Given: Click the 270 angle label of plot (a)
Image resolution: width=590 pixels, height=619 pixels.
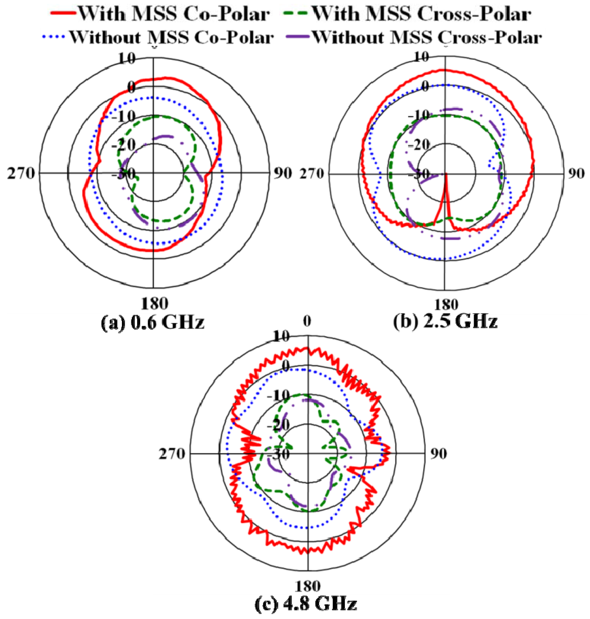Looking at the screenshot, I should pyautogui.click(x=21, y=173).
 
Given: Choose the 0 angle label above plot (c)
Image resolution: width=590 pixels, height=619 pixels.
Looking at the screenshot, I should pyautogui.click(x=307, y=321).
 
